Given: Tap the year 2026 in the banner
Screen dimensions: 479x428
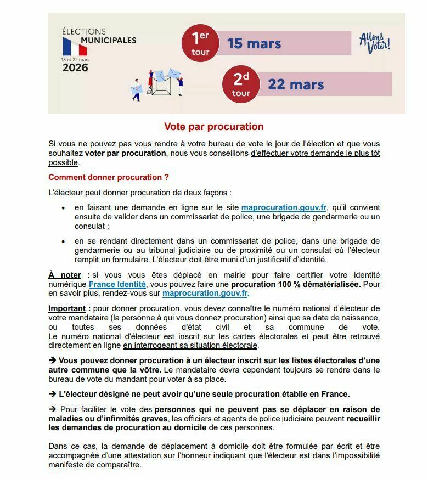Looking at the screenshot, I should tap(75, 68).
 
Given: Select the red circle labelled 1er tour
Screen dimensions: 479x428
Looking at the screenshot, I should tap(200, 43).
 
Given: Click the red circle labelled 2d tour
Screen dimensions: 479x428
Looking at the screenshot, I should tap(241, 84).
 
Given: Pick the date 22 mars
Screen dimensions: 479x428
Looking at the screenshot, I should tap(296, 84).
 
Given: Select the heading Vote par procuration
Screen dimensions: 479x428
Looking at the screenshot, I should tap(214, 127).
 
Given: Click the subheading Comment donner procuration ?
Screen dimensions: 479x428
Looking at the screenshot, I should tap(109, 177).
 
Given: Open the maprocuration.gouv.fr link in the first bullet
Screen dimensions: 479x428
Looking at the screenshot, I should tap(284, 207).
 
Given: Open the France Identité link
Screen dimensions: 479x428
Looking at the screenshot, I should tap(117, 284).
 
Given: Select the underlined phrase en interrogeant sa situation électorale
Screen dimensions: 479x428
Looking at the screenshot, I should tap(190, 345).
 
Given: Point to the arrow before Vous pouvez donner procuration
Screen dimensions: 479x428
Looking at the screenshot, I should tap(53, 360).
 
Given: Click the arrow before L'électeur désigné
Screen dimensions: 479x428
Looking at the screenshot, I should tap(53, 394).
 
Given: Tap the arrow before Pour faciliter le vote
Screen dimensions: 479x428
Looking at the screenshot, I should tap(53, 409).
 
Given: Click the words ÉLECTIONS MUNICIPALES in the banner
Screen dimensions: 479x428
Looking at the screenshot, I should tap(99, 36).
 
